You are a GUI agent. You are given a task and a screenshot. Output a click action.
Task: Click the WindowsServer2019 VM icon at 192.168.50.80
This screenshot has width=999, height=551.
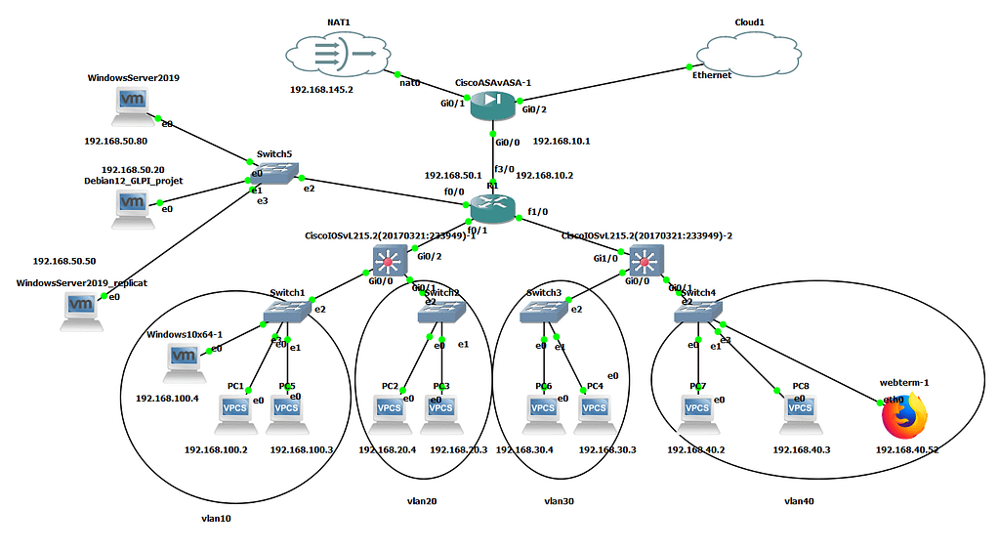134,105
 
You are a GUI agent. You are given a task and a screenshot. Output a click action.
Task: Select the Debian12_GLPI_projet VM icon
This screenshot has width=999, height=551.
134,208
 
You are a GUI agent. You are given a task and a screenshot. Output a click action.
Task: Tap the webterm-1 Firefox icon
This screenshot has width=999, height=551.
903,417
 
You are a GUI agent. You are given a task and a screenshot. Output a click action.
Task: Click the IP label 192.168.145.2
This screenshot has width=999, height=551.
322,89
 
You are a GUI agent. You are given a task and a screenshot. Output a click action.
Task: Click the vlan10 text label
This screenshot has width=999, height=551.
215,518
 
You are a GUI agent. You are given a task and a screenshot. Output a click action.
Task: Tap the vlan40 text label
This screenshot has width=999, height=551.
799,501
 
